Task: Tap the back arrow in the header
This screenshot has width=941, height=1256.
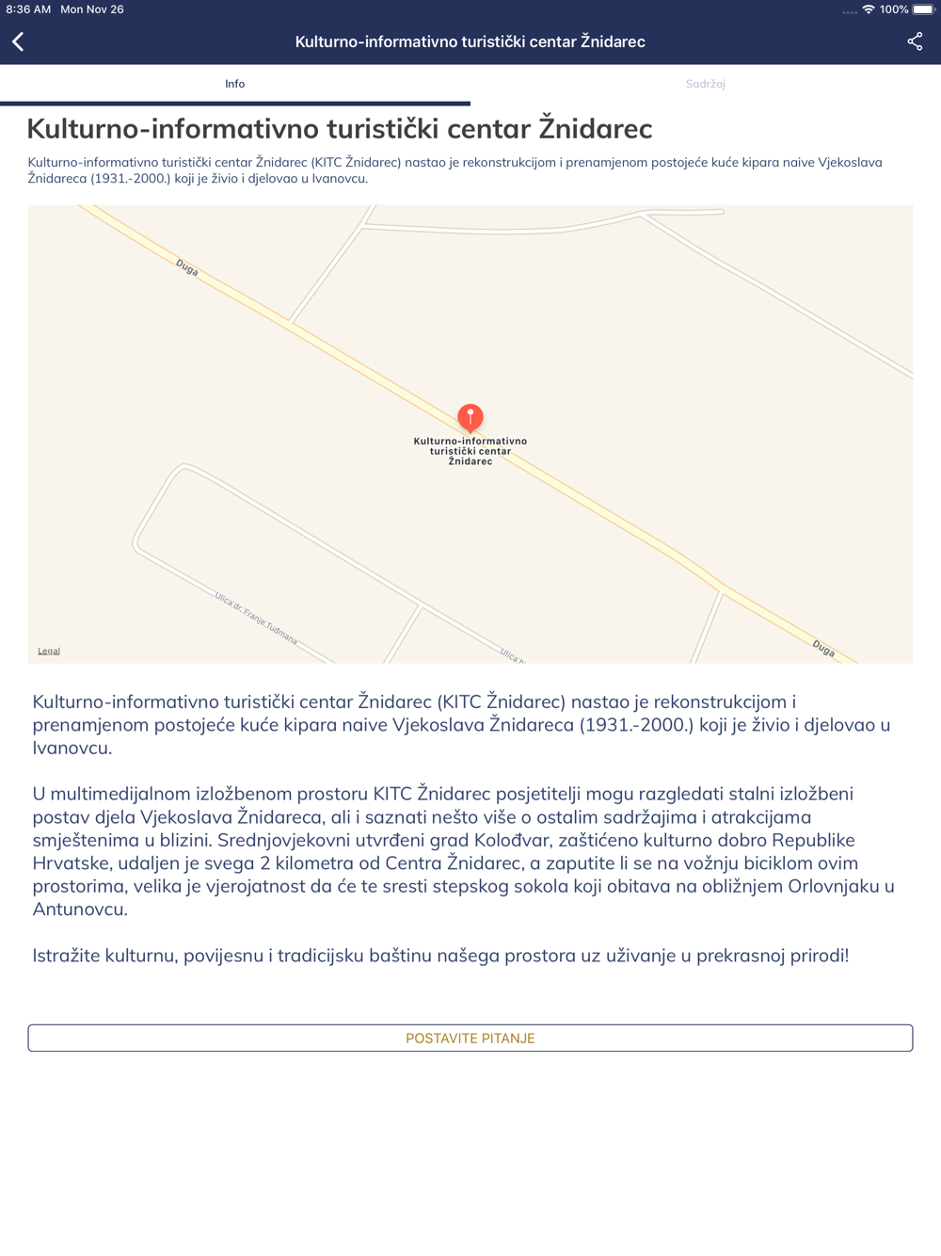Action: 18,41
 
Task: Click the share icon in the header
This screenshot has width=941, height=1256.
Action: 915,41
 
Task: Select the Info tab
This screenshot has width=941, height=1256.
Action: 234,84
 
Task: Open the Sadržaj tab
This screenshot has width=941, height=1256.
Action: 705,84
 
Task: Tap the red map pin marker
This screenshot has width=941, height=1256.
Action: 470,417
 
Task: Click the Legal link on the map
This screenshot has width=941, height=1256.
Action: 49,651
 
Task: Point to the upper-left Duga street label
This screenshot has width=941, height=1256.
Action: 186,268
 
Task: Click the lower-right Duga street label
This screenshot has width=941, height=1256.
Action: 823,648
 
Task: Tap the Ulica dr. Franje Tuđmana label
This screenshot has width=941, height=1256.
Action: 256,619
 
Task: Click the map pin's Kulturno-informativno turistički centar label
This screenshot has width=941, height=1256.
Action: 470,451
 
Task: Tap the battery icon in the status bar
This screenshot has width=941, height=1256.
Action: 923,9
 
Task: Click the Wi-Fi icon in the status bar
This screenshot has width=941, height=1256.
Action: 868,9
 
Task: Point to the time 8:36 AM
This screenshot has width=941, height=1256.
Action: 28,9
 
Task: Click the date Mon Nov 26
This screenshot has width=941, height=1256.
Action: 92,9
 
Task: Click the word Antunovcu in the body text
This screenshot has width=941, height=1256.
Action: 80,910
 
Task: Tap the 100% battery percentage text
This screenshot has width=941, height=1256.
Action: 894,9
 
